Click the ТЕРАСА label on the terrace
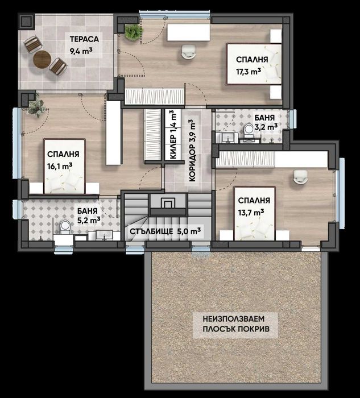pyautogui.click(x=85, y=39)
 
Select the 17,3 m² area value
pyautogui.click(x=249, y=72)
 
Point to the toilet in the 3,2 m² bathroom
pyautogui.click(x=248, y=131)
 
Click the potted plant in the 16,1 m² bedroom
pyautogui.click(x=36, y=106)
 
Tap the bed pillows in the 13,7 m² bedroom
pyautogui.click(x=253, y=230)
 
